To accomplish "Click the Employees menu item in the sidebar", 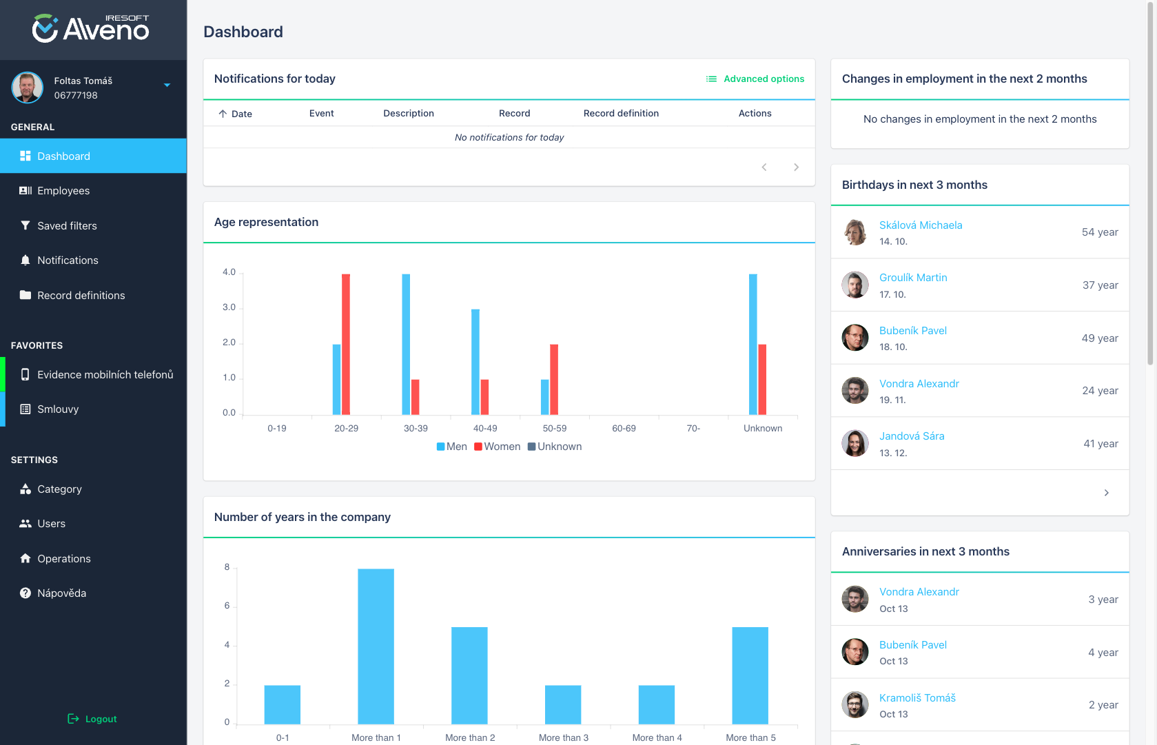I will pos(63,191).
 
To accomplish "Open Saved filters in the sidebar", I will pos(67,226).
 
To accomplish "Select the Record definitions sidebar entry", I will pos(81,296).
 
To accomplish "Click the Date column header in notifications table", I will pos(241,114).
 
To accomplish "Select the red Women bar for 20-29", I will pos(346,345).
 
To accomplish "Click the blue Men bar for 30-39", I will pos(406,345).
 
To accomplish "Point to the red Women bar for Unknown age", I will pos(762,379).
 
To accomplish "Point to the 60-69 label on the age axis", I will pos(624,429).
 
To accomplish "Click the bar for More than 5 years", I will pos(750,675).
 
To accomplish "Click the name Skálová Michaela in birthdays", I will pos(921,225).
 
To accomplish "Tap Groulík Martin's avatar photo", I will pos(855,285).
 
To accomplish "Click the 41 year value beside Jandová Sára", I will pos(1100,444).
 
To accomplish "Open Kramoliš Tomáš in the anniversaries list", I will pos(917,698).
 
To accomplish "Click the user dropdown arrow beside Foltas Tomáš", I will pos(167,85).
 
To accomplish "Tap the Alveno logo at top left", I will pos(91,29).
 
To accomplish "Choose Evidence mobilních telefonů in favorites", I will pos(105,375).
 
